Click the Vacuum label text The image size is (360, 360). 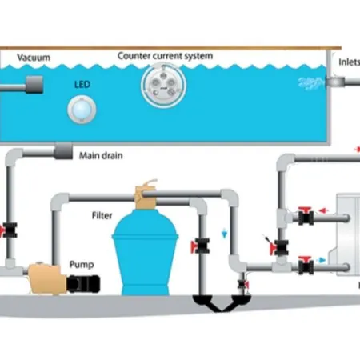tap(34, 58)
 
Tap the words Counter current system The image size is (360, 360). tap(165, 56)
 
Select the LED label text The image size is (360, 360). tap(82, 85)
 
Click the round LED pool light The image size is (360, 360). tap(82, 110)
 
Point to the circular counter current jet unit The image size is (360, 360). tap(163, 85)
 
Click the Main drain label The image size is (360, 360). tap(101, 155)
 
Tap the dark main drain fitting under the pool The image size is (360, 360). tap(63, 151)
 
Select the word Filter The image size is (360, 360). tap(102, 215)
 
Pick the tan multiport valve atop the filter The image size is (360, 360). tap(145, 194)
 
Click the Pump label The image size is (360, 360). tap(82, 264)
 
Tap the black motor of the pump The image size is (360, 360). tap(83, 284)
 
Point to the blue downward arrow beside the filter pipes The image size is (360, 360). tap(225, 234)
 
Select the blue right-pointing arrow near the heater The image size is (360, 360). tap(322, 260)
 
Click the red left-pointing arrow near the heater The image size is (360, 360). tap(323, 211)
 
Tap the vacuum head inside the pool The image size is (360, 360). tap(34, 85)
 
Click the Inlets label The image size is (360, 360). tap(350, 62)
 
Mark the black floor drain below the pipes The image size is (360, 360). tap(222, 303)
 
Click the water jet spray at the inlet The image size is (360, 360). tap(311, 82)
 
